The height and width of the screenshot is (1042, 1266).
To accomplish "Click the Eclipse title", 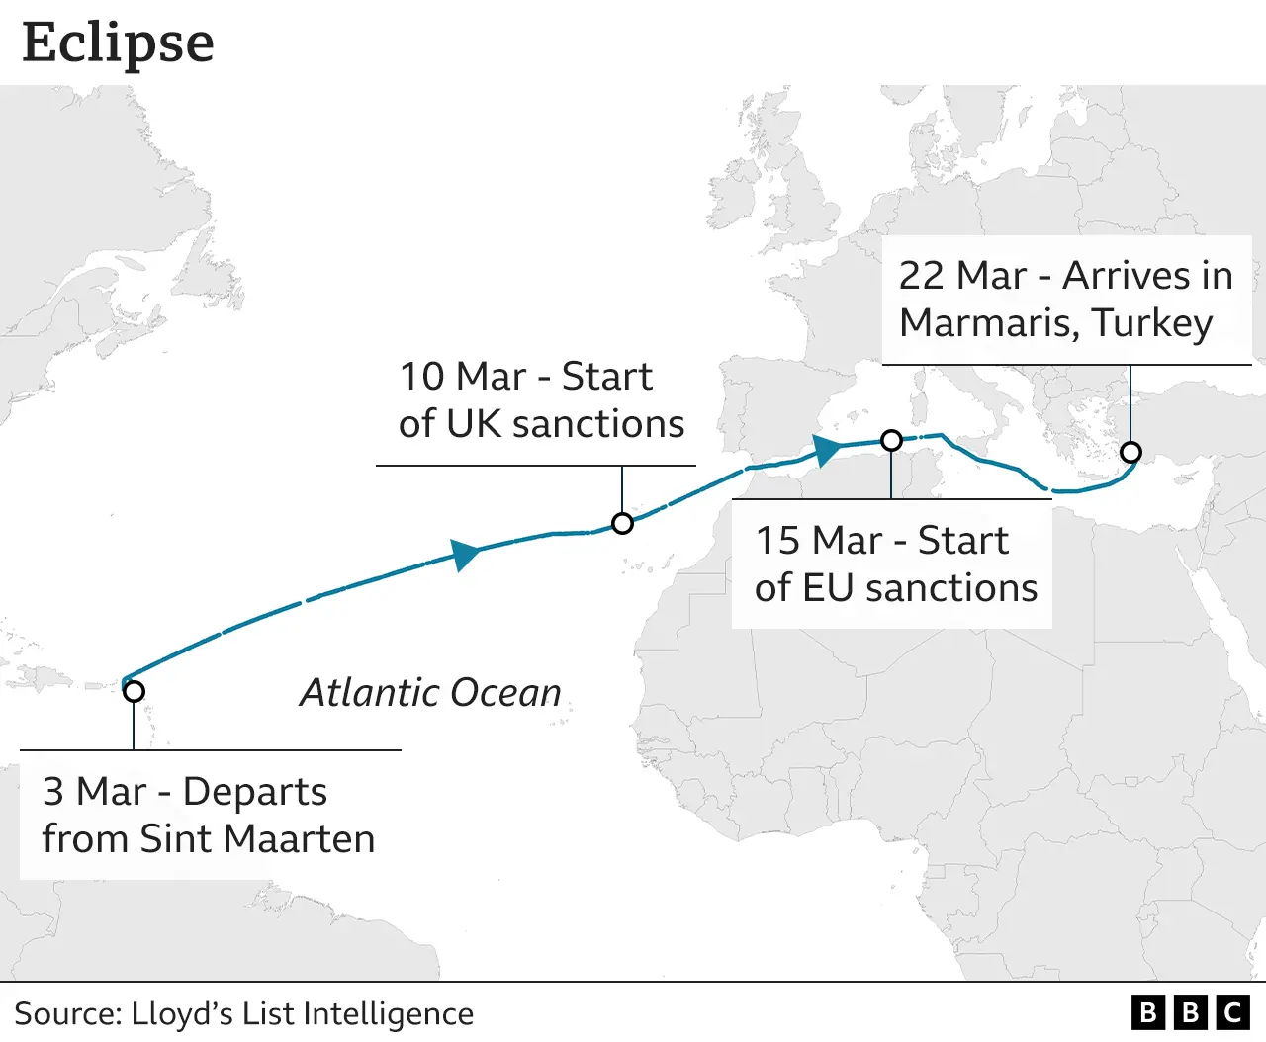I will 118,43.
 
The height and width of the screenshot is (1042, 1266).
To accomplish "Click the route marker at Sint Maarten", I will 134,691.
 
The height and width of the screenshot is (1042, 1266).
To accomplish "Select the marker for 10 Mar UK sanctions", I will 622,523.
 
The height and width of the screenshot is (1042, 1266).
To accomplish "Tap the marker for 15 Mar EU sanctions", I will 891,440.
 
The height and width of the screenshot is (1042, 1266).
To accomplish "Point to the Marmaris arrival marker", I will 1130,452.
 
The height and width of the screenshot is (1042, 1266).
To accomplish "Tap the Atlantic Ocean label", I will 430,693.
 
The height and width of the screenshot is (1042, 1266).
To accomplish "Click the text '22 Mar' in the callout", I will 961,276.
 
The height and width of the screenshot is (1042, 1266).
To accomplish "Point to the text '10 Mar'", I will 462,377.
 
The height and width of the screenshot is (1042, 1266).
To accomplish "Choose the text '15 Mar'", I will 818,541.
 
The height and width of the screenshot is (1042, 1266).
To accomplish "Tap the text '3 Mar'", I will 94,792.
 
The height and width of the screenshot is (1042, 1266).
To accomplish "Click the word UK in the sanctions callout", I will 474,424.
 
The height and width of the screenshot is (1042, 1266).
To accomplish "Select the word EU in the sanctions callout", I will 828,588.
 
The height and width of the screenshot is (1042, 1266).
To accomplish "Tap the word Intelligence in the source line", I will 388,1014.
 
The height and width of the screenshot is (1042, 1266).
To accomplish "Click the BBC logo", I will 1191,1012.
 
